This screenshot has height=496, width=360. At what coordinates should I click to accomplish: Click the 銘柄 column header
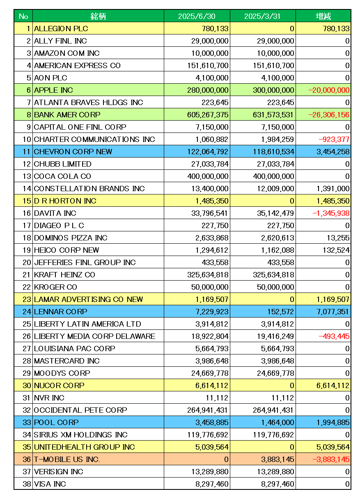tap(98, 16)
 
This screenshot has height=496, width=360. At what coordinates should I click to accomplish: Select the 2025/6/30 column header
tap(197, 16)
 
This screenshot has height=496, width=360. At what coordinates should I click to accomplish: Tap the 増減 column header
tap(323, 16)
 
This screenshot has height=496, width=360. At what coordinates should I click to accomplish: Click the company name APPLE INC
tap(53, 90)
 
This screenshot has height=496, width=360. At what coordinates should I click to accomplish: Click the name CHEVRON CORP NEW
tap(73, 152)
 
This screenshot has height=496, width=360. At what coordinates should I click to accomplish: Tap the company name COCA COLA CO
tap(62, 176)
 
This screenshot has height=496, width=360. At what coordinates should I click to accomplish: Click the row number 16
tap(26, 213)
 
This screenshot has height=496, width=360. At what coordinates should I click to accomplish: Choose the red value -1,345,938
tap(331, 213)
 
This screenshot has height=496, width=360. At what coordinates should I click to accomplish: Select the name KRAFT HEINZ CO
tap(64, 275)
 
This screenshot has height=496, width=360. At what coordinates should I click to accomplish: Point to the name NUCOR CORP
tap(59, 386)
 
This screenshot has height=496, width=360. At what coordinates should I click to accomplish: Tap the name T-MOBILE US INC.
tap(67, 459)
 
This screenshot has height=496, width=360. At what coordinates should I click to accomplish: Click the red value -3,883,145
tap(331, 459)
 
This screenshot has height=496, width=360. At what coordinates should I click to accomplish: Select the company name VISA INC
tap(50, 484)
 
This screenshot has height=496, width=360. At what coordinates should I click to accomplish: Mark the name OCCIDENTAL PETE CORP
tap(80, 410)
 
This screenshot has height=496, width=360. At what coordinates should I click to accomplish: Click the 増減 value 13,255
tap(338, 238)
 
